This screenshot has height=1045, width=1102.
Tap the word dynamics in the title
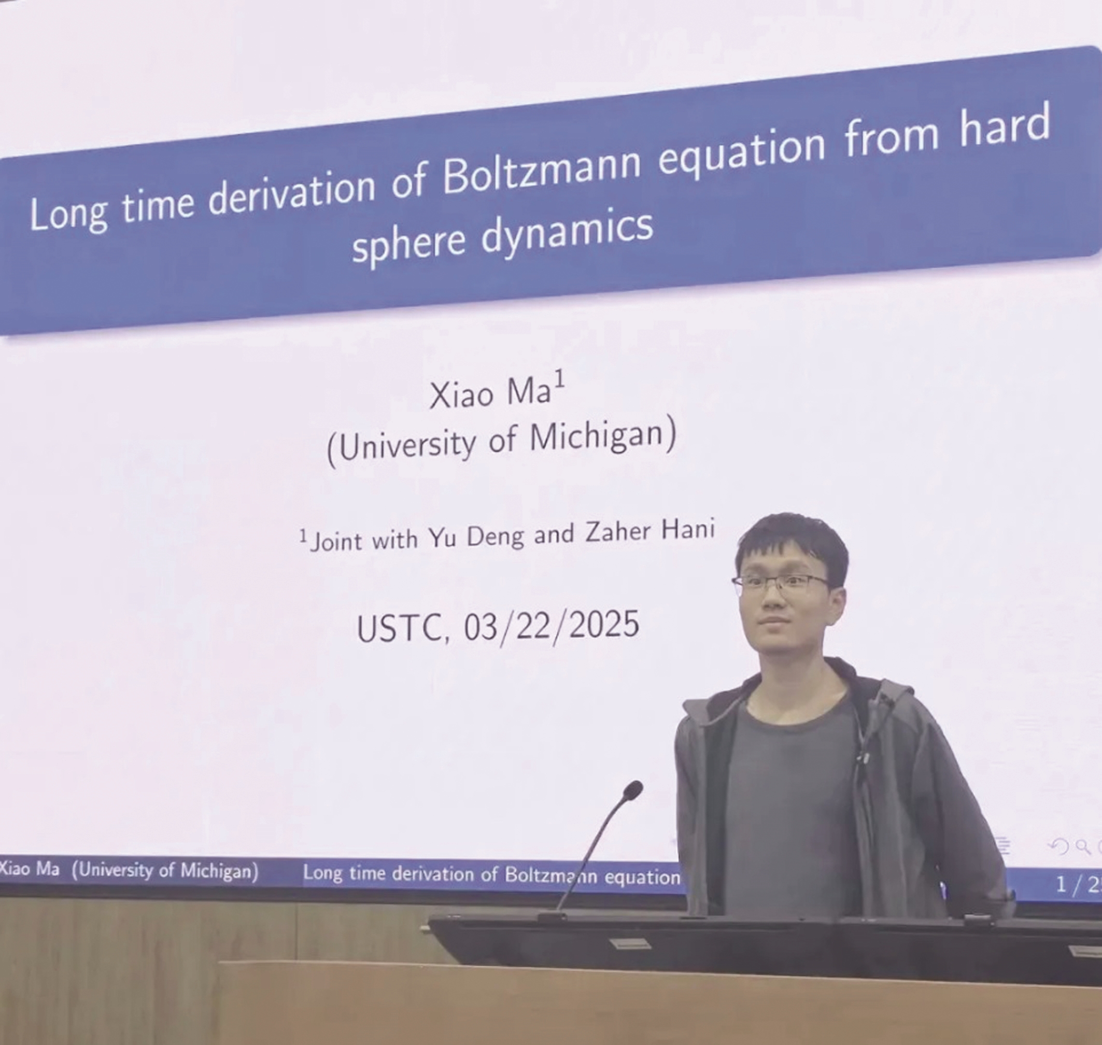pos(567,237)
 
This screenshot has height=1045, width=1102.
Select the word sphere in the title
pos(409,245)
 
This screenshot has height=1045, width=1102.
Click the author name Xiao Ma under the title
pos(490,394)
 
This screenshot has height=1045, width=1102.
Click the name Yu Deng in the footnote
pos(476,536)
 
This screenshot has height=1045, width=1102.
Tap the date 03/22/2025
pos(552,627)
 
